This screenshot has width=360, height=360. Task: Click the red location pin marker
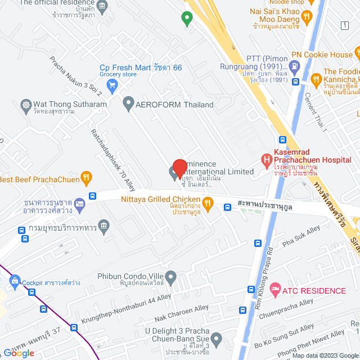(179, 168)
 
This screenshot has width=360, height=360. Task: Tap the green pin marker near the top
(187, 19)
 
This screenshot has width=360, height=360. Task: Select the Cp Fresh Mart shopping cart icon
(112, 85)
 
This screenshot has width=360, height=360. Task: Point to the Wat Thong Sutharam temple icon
(25, 105)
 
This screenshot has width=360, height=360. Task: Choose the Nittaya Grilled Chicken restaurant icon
(208, 203)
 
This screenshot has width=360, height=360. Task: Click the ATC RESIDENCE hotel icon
(275, 290)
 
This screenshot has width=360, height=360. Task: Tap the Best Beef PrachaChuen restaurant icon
(86, 179)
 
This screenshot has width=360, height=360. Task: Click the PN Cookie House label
(329, 55)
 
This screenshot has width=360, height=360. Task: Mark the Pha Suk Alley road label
(301, 235)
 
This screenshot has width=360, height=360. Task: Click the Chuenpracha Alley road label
(286, 309)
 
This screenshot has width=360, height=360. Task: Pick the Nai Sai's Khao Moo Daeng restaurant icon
(307, 17)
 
